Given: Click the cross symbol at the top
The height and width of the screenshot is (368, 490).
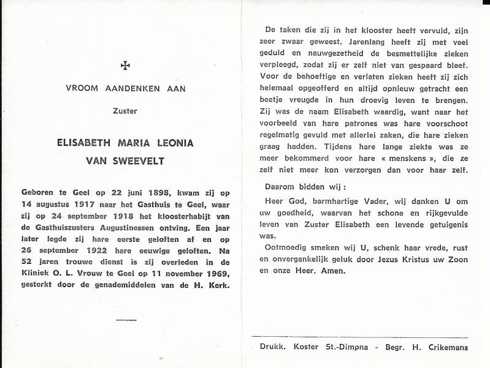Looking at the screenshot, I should (x=125, y=64).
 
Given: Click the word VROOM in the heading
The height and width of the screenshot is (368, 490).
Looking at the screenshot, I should (x=83, y=88).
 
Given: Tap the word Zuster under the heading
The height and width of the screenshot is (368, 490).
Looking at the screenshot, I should (x=125, y=111).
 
